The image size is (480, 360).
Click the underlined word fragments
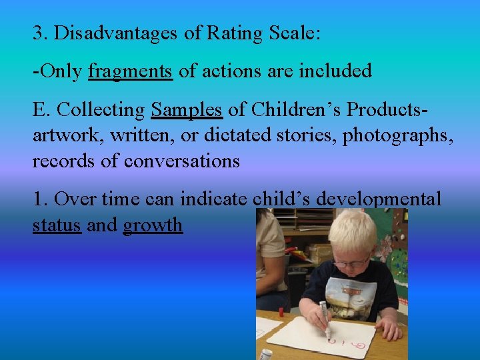coord(130,71)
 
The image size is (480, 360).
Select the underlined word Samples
coord(186,109)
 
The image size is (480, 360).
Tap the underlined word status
coord(57,225)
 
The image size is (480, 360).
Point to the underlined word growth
coord(153,225)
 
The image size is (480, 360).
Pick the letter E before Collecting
coord(38,109)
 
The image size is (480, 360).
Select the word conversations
coord(181,161)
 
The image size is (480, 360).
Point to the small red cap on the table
coord(281,311)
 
